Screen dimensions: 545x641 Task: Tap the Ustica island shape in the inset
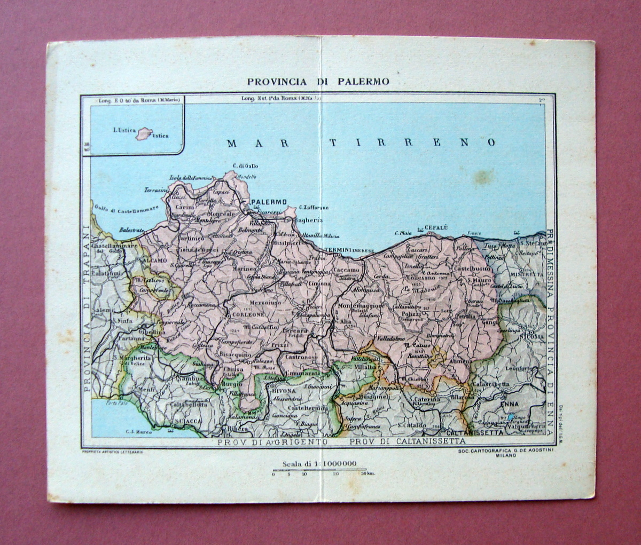[x=144, y=133]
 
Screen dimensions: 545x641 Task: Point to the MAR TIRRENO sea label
[x=361, y=143]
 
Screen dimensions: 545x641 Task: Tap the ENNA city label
[x=510, y=404]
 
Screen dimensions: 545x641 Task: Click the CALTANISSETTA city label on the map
[x=475, y=432]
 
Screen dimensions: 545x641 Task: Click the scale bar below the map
[x=319, y=471]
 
